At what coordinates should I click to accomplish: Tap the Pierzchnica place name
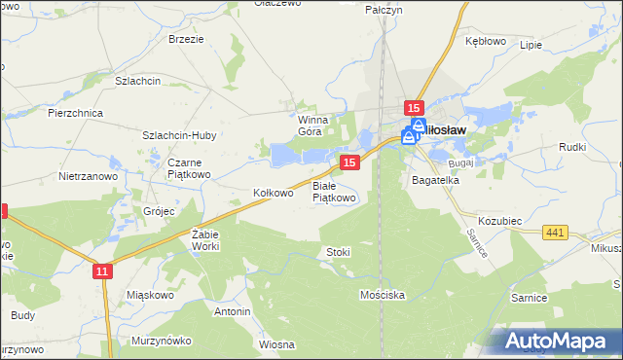click(x=75, y=113)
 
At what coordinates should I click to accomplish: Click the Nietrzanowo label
click(x=88, y=177)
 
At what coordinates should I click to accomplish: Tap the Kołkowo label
click(x=273, y=193)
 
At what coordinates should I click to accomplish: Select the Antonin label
click(x=233, y=311)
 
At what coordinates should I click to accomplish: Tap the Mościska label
click(x=382, y=293)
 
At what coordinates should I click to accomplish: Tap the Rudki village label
click(x=571, y=147)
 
